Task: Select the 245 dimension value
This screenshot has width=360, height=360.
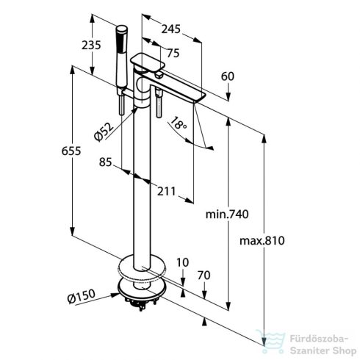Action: tap(170, 29)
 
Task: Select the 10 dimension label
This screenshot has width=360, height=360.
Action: tap(182, 262)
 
